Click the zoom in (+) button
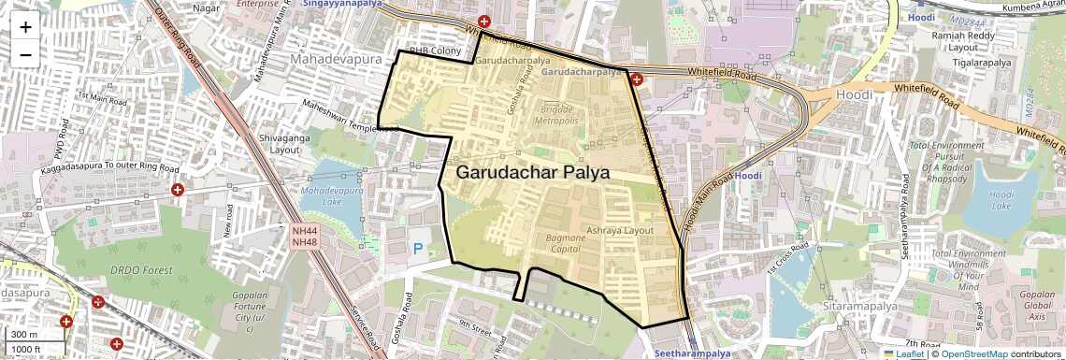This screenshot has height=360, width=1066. pos(25,26)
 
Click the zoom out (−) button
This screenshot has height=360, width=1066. pos(25,54)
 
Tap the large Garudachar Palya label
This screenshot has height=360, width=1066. pos(532,173)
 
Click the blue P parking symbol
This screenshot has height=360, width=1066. pos(417,249)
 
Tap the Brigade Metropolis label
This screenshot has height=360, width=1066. pos(559,115)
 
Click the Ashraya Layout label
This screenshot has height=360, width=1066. pos(620,230)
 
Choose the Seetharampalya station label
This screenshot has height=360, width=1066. pos(692,354)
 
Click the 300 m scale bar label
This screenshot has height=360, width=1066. pos(23,335)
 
